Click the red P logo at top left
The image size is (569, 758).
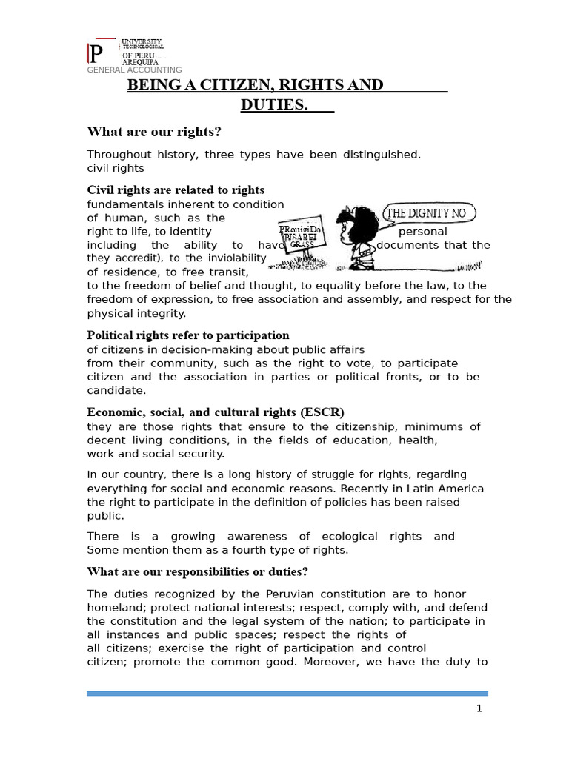[96, 54]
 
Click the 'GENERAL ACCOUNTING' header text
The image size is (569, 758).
[134, 70]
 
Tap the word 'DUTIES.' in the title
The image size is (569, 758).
[274, 105]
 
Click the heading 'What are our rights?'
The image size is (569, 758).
[154, 132]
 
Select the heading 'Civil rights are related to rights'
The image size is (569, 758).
[176, 190]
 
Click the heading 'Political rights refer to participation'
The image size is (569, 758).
[188, 335]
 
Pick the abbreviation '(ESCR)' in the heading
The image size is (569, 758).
[322, 412]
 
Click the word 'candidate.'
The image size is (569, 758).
[116, 390]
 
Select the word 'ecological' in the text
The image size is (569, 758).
[349, 536]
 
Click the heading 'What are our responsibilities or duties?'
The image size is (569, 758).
[197, 571]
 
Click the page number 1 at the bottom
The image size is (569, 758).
[479, 708]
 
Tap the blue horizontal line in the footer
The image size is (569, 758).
[287, 694]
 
